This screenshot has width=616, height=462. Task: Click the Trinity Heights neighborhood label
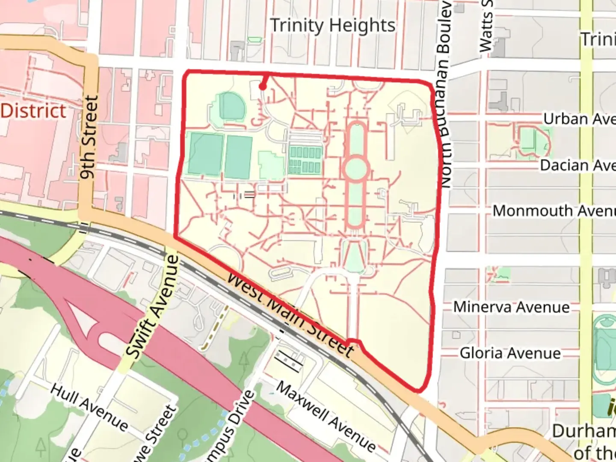click(333, 26)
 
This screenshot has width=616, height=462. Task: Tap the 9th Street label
click(89, 137)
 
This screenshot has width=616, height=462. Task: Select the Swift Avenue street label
click(153, 307)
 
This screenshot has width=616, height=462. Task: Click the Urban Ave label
click(579, 118)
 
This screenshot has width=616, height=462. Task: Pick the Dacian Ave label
click(577, 165)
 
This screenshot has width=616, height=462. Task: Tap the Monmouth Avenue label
click(554, 211)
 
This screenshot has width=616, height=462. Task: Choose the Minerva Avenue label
click(511, 307)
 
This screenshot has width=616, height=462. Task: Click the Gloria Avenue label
click(510, 353)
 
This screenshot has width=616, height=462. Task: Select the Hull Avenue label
click(89, 407)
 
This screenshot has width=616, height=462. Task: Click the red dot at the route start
click(263, 87)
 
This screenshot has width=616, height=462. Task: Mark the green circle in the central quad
click(355, 169)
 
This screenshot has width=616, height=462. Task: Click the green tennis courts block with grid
click(305, 160)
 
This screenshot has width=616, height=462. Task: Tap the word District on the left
click(33, 111)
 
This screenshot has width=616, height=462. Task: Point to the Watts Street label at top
click(486, 26)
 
